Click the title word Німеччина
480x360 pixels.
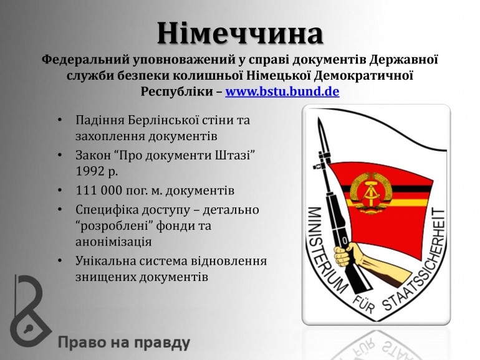(240, 33)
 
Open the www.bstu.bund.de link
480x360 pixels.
(282, 91)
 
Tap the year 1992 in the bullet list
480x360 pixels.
(89, 171)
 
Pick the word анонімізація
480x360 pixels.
(113, 242)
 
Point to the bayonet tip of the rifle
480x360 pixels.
(319, 119)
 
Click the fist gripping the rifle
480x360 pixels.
(344, 255)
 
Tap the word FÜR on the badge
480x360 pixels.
(363, 304)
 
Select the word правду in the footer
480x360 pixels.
(162, 343)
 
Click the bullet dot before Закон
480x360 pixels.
(60, 155)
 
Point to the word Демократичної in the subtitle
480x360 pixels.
(363, 75)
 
